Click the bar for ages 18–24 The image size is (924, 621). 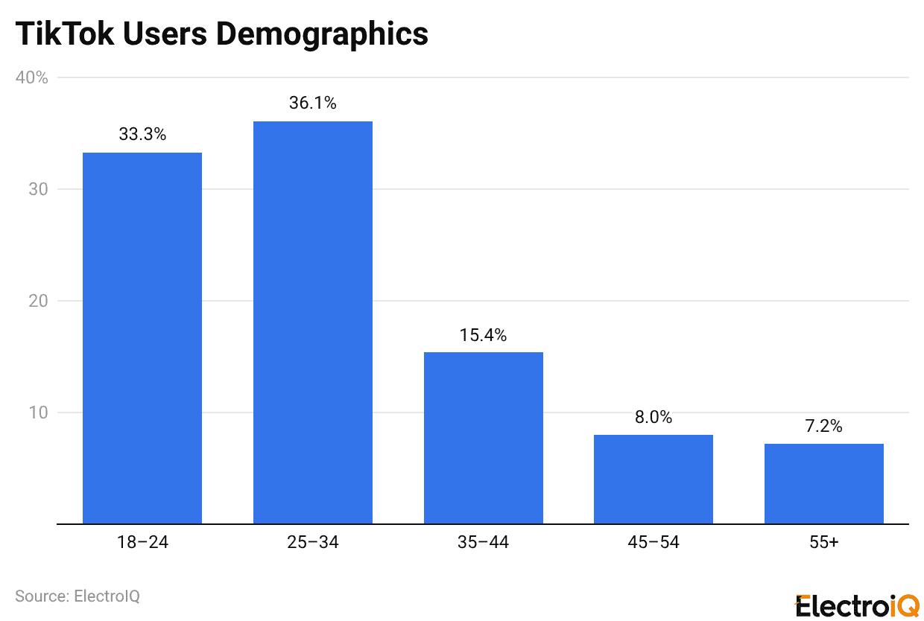point(142,338)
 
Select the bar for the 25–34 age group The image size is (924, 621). point(312,322)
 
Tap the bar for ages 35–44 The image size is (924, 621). point(483,438)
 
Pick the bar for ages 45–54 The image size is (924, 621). point(653,479)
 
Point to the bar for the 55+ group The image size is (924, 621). point(823,483)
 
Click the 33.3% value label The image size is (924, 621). point(142,135)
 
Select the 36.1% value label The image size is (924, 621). point(312,103)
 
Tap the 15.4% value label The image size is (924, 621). point(483,335)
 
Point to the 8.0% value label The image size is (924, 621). point(653,418)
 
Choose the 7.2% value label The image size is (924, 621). point(823,427)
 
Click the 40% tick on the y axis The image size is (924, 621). point(32,77)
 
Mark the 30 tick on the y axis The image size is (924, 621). point(38,189)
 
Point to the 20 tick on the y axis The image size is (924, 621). point(38,301)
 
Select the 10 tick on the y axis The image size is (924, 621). point(38,413)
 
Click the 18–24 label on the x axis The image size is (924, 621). point(142,542)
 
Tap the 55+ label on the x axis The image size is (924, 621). point(823,542)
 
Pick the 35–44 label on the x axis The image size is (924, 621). point(483,542)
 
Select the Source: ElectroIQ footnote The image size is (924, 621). point(77,596)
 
